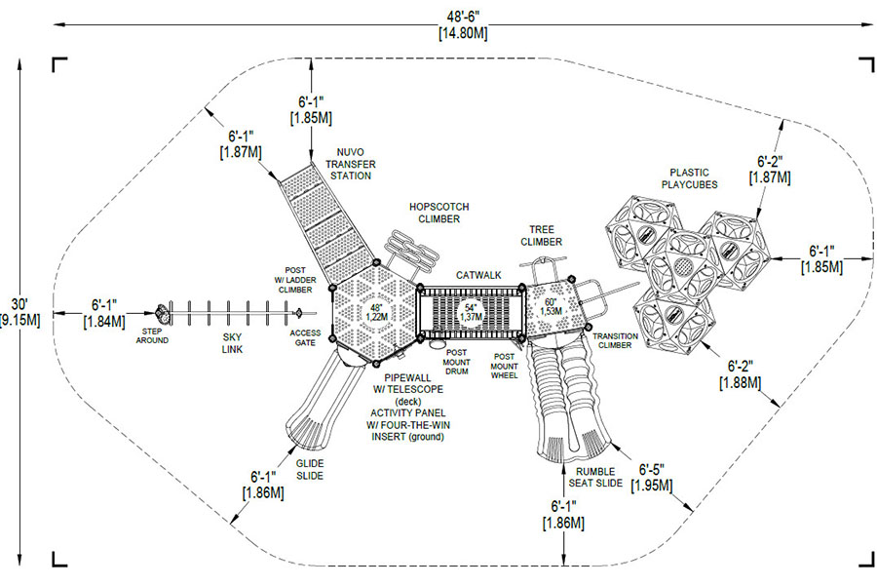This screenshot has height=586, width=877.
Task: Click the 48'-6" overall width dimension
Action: [x=463, y=25]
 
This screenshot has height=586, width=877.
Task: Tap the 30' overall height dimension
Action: [x=19, y=313]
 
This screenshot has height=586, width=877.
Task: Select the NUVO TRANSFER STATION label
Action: [x=351, y=164]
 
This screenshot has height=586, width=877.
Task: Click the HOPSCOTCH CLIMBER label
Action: [x=439, y=213]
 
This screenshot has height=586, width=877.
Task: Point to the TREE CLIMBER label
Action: [x=542, y=236]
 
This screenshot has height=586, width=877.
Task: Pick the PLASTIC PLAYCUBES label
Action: [x=689, y=178]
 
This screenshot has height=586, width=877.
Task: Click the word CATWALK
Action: [x=478, y=275]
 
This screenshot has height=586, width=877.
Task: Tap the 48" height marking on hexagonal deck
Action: [x=376, y=312]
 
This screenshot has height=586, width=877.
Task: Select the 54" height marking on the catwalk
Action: [x=471, y=312]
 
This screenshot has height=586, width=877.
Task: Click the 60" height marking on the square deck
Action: [x=552, y=307]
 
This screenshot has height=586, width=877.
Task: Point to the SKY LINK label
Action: [x=232, y=343]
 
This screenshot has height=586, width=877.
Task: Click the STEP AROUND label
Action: [x=152, y=335]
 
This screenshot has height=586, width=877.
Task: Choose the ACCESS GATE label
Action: [x=305, y=337]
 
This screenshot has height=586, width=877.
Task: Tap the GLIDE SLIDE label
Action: [x=310, y=470]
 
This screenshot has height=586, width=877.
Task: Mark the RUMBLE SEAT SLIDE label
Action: [x=595, y=477]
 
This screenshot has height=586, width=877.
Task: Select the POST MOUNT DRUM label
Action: [x=456, y=362]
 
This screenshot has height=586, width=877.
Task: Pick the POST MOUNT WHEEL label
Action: [x=504, y=366]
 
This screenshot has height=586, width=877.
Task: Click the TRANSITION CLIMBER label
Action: [x=615, y=340]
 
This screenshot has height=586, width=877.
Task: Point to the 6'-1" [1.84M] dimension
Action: [x=104, y=313]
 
